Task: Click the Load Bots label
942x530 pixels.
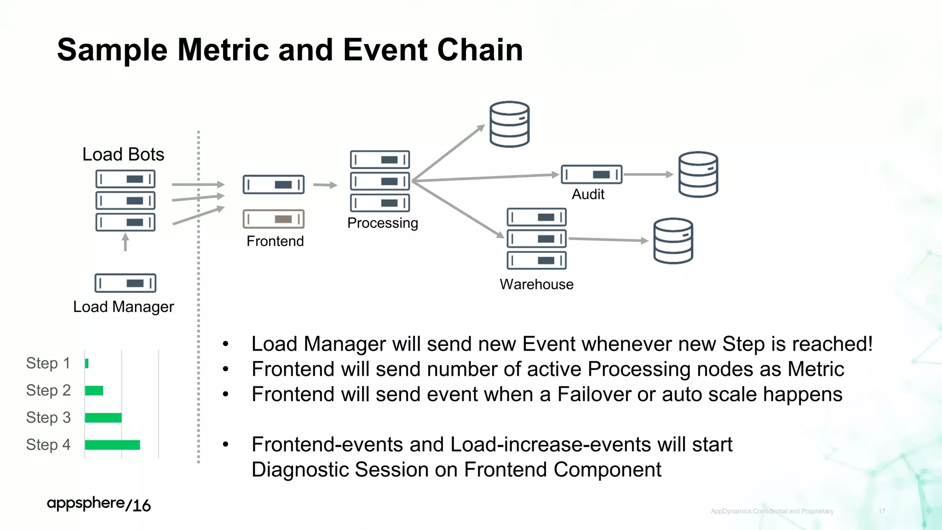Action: click(123, 155)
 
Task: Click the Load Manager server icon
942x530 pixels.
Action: click(125, 283)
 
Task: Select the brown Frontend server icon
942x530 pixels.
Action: click(274, 219)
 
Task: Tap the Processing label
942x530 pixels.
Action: click(382, 223)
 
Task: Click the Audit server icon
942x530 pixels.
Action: click(592, 174)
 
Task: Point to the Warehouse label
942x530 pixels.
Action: click(536, 284)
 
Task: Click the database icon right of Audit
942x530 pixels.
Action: click(698, 174)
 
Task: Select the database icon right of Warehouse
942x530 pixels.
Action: click(673, 241)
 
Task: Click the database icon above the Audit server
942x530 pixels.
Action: click(509, 124)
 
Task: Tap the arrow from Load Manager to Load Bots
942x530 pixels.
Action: click(125, 242)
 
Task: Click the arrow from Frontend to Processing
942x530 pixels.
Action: click(325, 185)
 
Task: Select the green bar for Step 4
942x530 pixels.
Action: click(112, 445)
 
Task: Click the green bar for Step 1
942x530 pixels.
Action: click(86, 363)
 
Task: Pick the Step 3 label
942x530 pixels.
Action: click(48, 418)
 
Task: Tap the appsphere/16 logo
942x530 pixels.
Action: click(98, 504)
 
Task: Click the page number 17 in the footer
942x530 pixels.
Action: click(881, 511)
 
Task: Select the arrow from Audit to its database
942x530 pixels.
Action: click(648, 174)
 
